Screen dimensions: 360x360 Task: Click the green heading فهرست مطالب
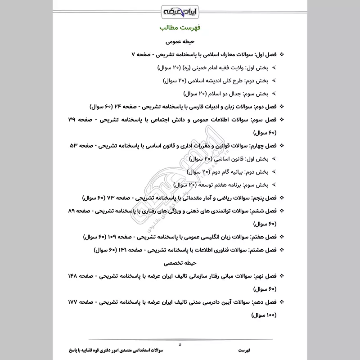coord(180,28)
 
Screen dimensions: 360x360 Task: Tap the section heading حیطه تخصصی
coord(179,261)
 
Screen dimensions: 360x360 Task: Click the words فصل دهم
coord(265,301)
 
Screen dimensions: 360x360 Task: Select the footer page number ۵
coord(180,344)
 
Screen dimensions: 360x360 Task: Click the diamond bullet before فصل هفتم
coord(282,237)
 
